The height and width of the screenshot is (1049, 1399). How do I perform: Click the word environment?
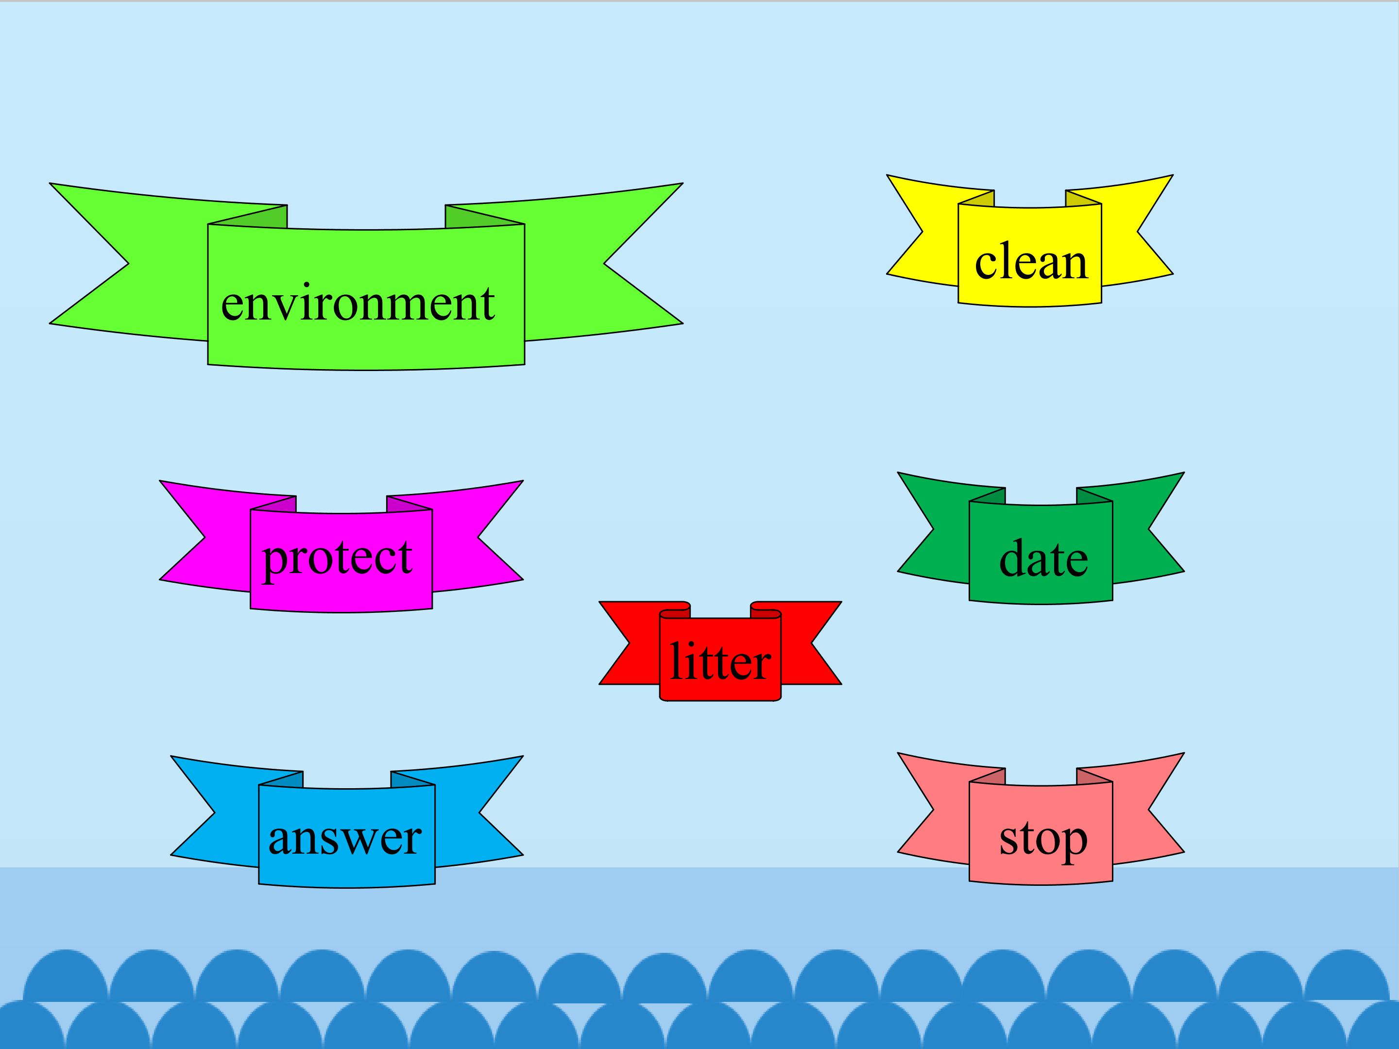click(x=358, y=304)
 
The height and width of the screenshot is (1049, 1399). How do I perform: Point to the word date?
click(x=1043, y=559)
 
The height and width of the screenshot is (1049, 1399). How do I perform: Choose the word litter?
click(x=720, y=661)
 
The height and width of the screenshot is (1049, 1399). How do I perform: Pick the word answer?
click(x=345, y=838)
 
